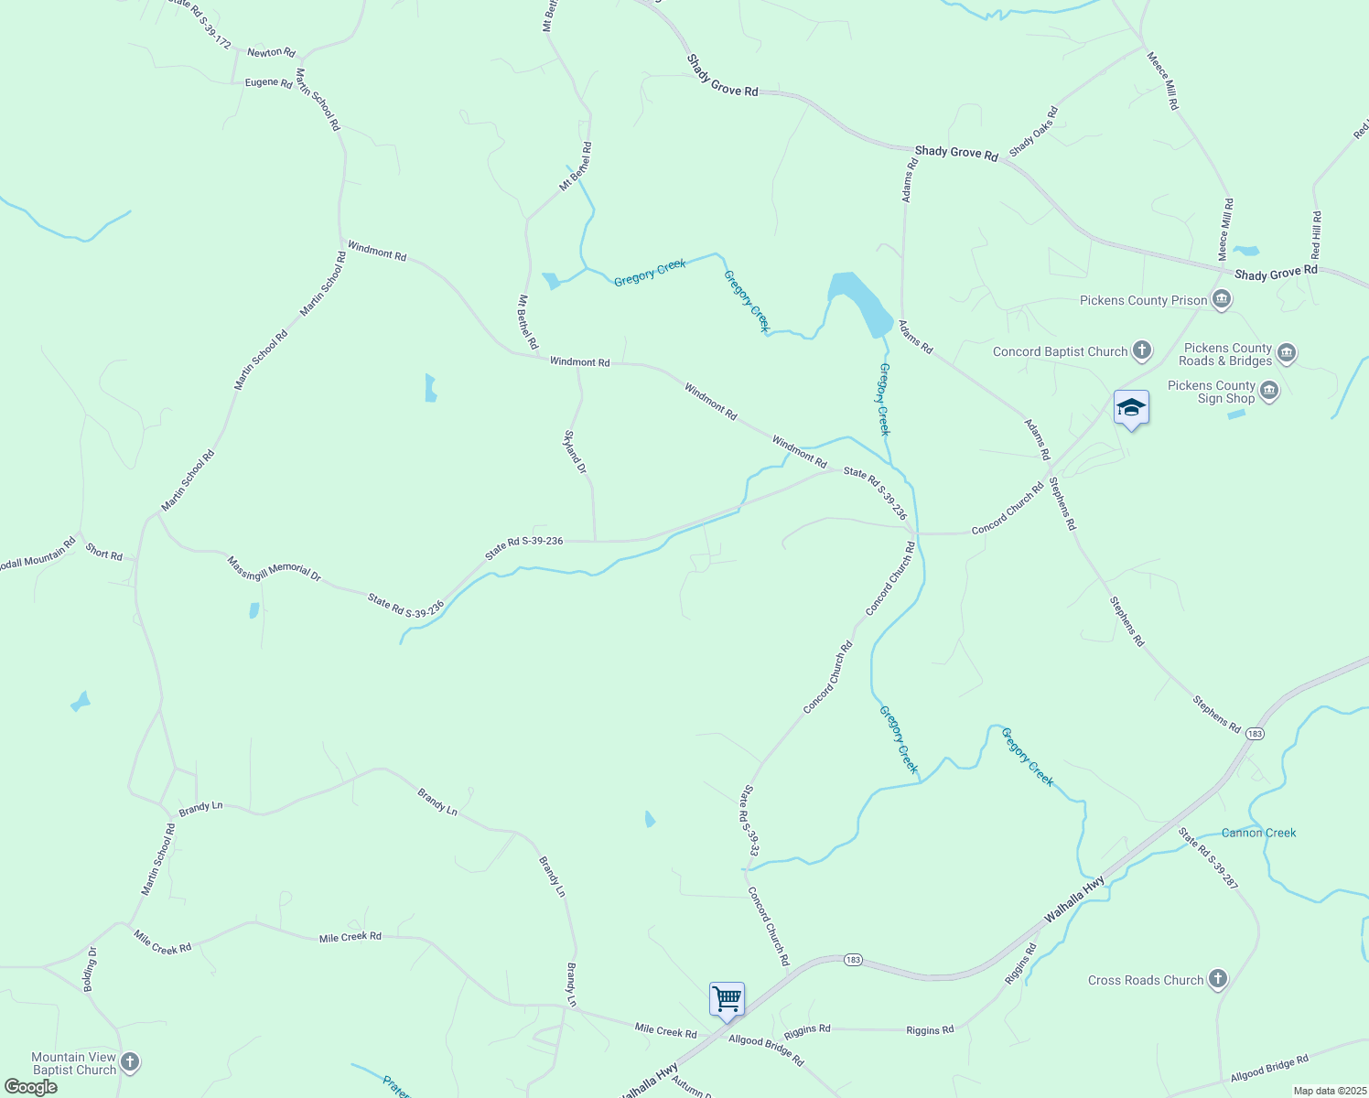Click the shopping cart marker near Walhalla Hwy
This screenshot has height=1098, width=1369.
pyautogui.click(x=727, y=999)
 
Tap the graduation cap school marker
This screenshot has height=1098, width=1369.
pyautogui.click(x=1131, y=408)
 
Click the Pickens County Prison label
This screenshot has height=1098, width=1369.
pyautogui.click(x=1143, y=300)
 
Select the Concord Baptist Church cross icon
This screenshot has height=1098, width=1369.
pyautogui.click(x=1141, y=350)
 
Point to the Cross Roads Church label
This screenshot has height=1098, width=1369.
pyautogui.click(x=1146, y=980)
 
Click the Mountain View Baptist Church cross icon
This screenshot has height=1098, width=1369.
pyautogui.click(x=130, y=1061)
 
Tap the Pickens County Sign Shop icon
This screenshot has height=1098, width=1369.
pyautogui.click(x=1269, y=392)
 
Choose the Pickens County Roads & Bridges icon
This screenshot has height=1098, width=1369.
pyautogui.click(x=1287, y=353)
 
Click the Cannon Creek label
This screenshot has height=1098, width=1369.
pyautogui.click(x=1258, y=833)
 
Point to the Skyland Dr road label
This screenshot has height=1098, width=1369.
pyautogui.click(x=575, y=452)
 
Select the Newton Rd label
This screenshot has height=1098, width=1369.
pyautogui.click(x=271, y=52)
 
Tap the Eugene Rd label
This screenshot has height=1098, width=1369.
pyautogui.click(x=268, y=82)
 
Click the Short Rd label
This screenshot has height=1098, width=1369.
pyautogui.click(x=103, y=553)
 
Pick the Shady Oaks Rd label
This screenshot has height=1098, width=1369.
pyautogui.click(x=1033, y=132)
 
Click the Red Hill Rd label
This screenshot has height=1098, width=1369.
pyautogui.click(x=1316, y=235)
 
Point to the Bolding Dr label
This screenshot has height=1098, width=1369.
pyautogui.click(x=91, y=969)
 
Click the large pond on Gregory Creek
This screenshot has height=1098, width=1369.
pyautogui.click(x=860, y=302)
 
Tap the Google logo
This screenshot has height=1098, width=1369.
pyautogui.click(x=31, y=1087)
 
